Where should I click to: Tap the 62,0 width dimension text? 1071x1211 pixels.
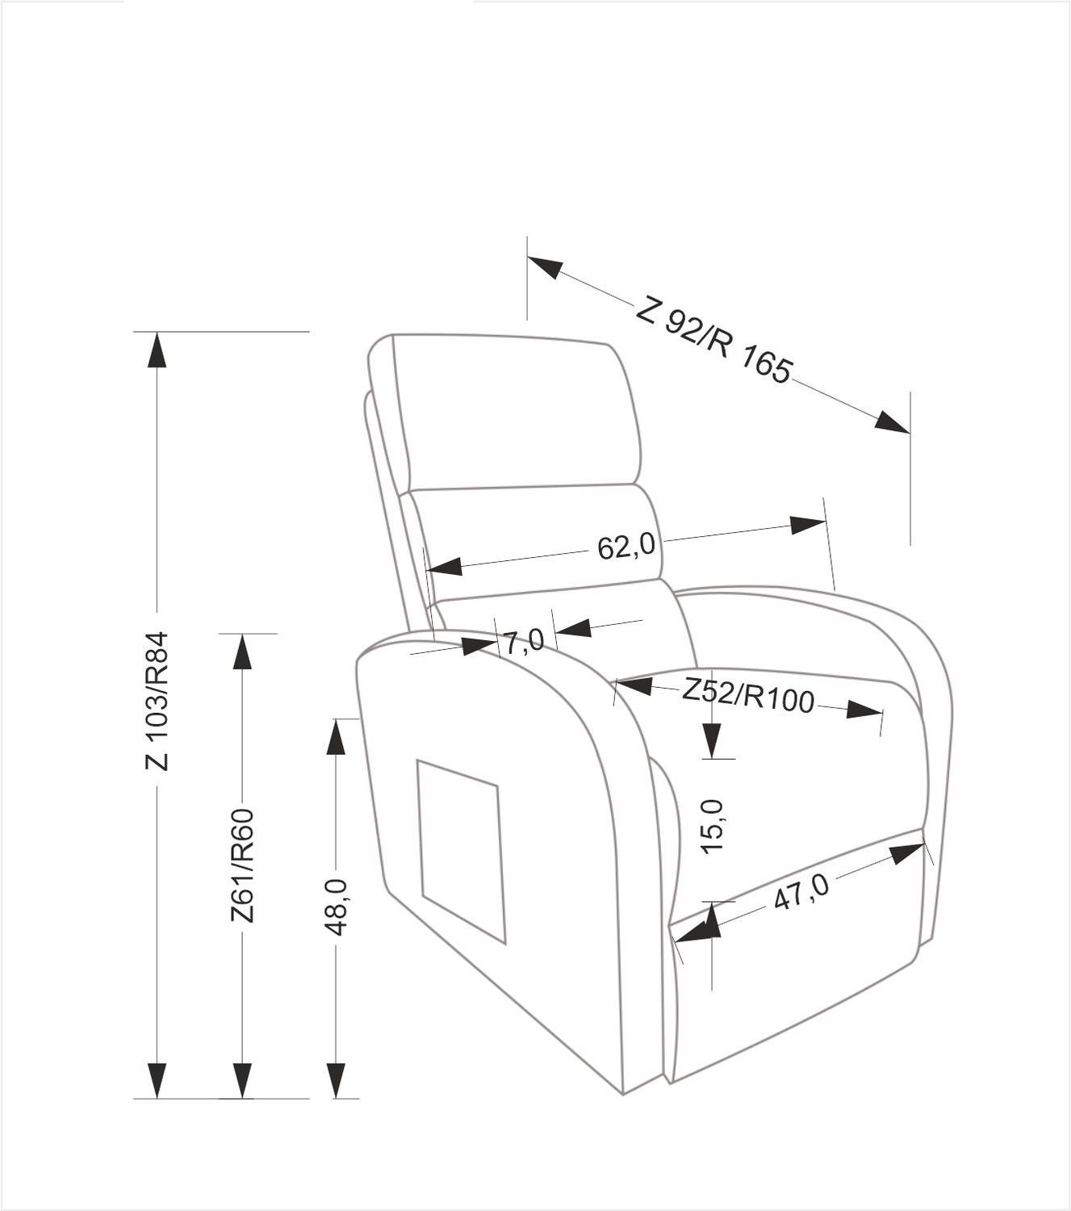pos(626,547)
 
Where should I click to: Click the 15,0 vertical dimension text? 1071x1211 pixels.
pos(713,827)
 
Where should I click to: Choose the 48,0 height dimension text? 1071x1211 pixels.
pos(336,907)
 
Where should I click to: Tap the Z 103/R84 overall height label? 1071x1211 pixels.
pos(157,702)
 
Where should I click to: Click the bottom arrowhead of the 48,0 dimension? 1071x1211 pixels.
pos(337,1080)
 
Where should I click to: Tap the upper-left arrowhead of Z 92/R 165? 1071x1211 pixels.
pos(545,267)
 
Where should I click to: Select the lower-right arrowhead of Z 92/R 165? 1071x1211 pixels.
pos(893,421)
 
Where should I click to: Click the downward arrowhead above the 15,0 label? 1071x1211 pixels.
pos(711,740)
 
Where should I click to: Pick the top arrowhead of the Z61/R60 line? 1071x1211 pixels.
pos(242,652)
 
